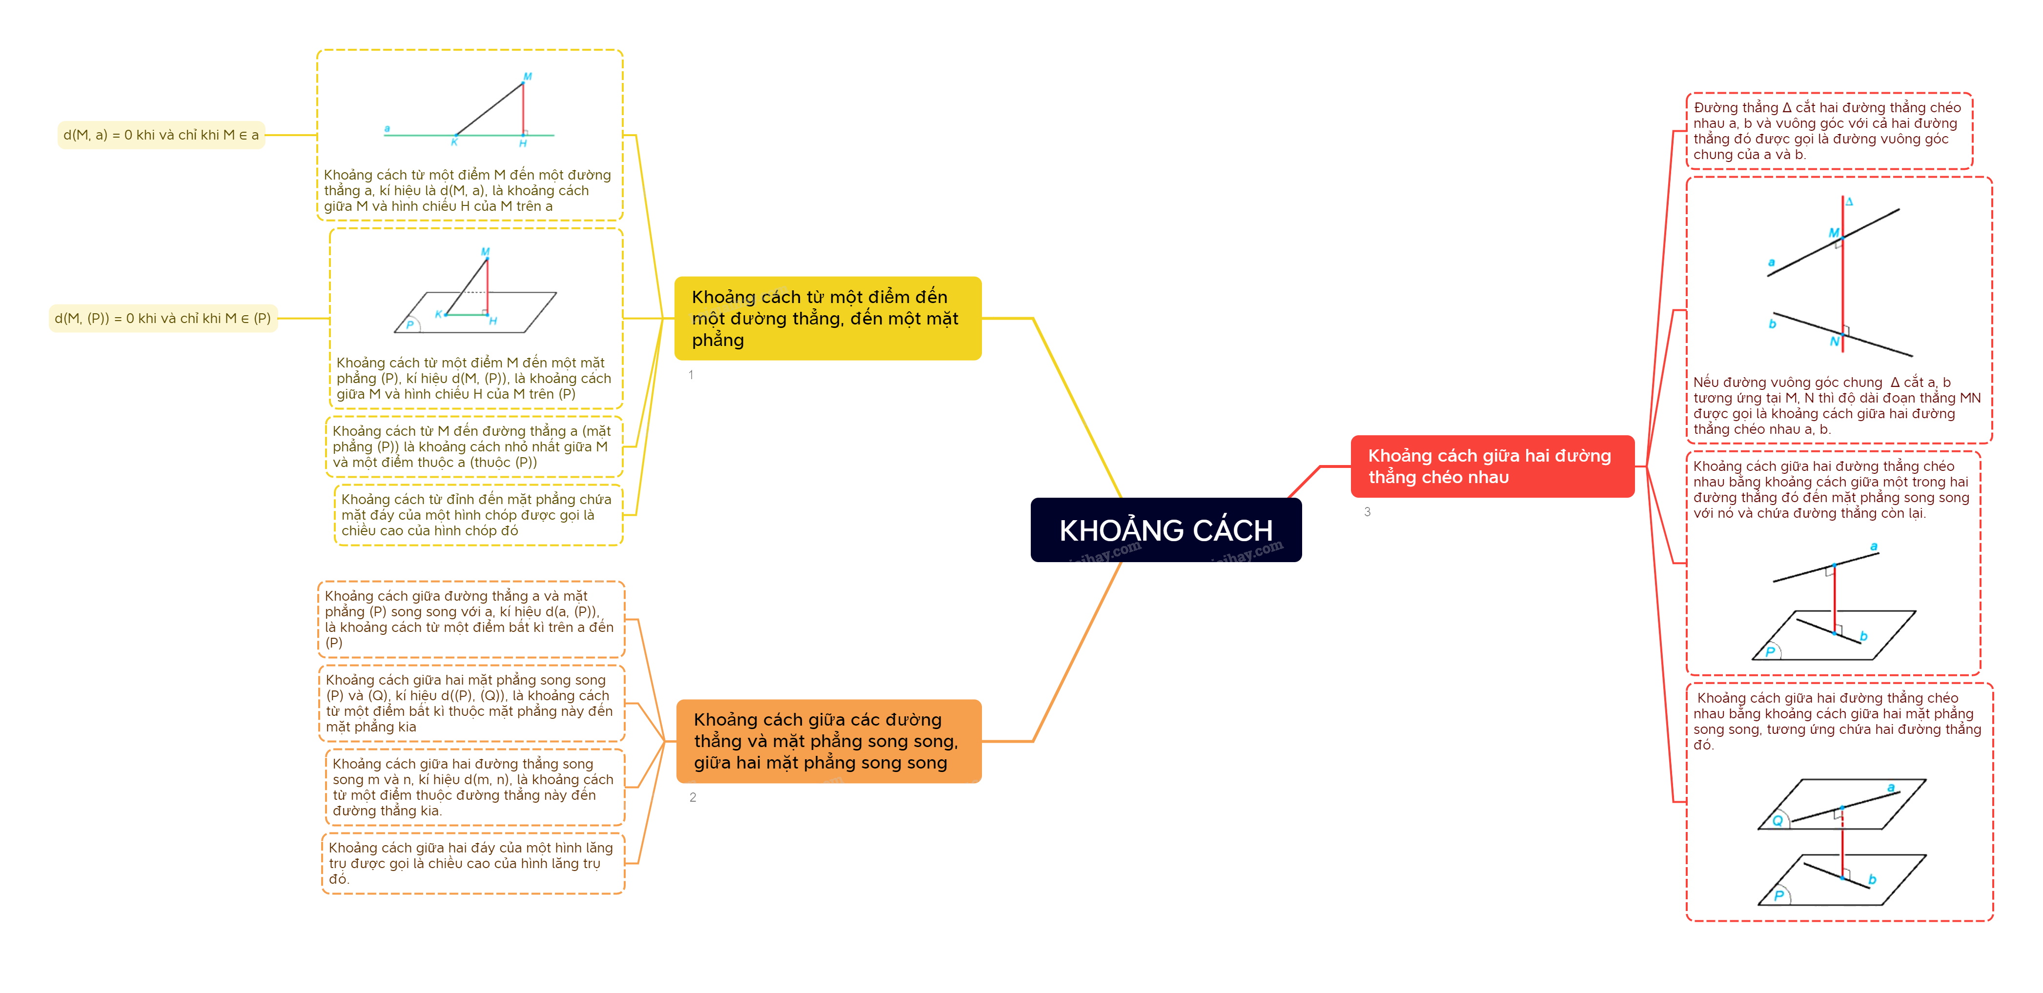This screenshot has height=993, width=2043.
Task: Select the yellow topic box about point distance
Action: pos(827,318)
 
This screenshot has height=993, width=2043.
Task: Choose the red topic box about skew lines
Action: pos(1492,466)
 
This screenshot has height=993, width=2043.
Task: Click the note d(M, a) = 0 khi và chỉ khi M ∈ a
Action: pos(161,135)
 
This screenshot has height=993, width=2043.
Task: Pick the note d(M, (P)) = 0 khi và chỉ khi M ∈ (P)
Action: pos(163,318)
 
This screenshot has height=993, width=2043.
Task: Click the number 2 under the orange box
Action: pos(693,798)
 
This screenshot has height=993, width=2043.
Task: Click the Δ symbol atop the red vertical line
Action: pos(1849,202)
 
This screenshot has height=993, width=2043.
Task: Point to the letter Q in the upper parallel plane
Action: pos(1777,821)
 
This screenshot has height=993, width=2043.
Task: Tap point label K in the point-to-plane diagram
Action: pos(439,314)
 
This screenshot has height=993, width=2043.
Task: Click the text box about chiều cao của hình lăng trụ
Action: pos(472,863)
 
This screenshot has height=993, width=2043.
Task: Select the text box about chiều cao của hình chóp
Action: pos(477,515)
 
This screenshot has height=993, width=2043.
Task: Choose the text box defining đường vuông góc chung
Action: pos(1828,131)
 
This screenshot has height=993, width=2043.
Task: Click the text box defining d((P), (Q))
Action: pos(471,704)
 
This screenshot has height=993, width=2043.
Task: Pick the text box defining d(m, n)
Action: pos(474,787)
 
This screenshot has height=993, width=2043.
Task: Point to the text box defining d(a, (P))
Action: pos(471,619)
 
